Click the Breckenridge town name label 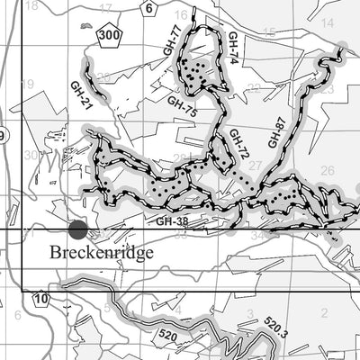(101, 253)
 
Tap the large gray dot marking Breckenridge (78, 230)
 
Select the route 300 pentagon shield (110, 35)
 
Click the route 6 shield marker (149, 7)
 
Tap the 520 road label (166, 335)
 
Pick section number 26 (327, 170)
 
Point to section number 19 (27, 84)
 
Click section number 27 (256, 166)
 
